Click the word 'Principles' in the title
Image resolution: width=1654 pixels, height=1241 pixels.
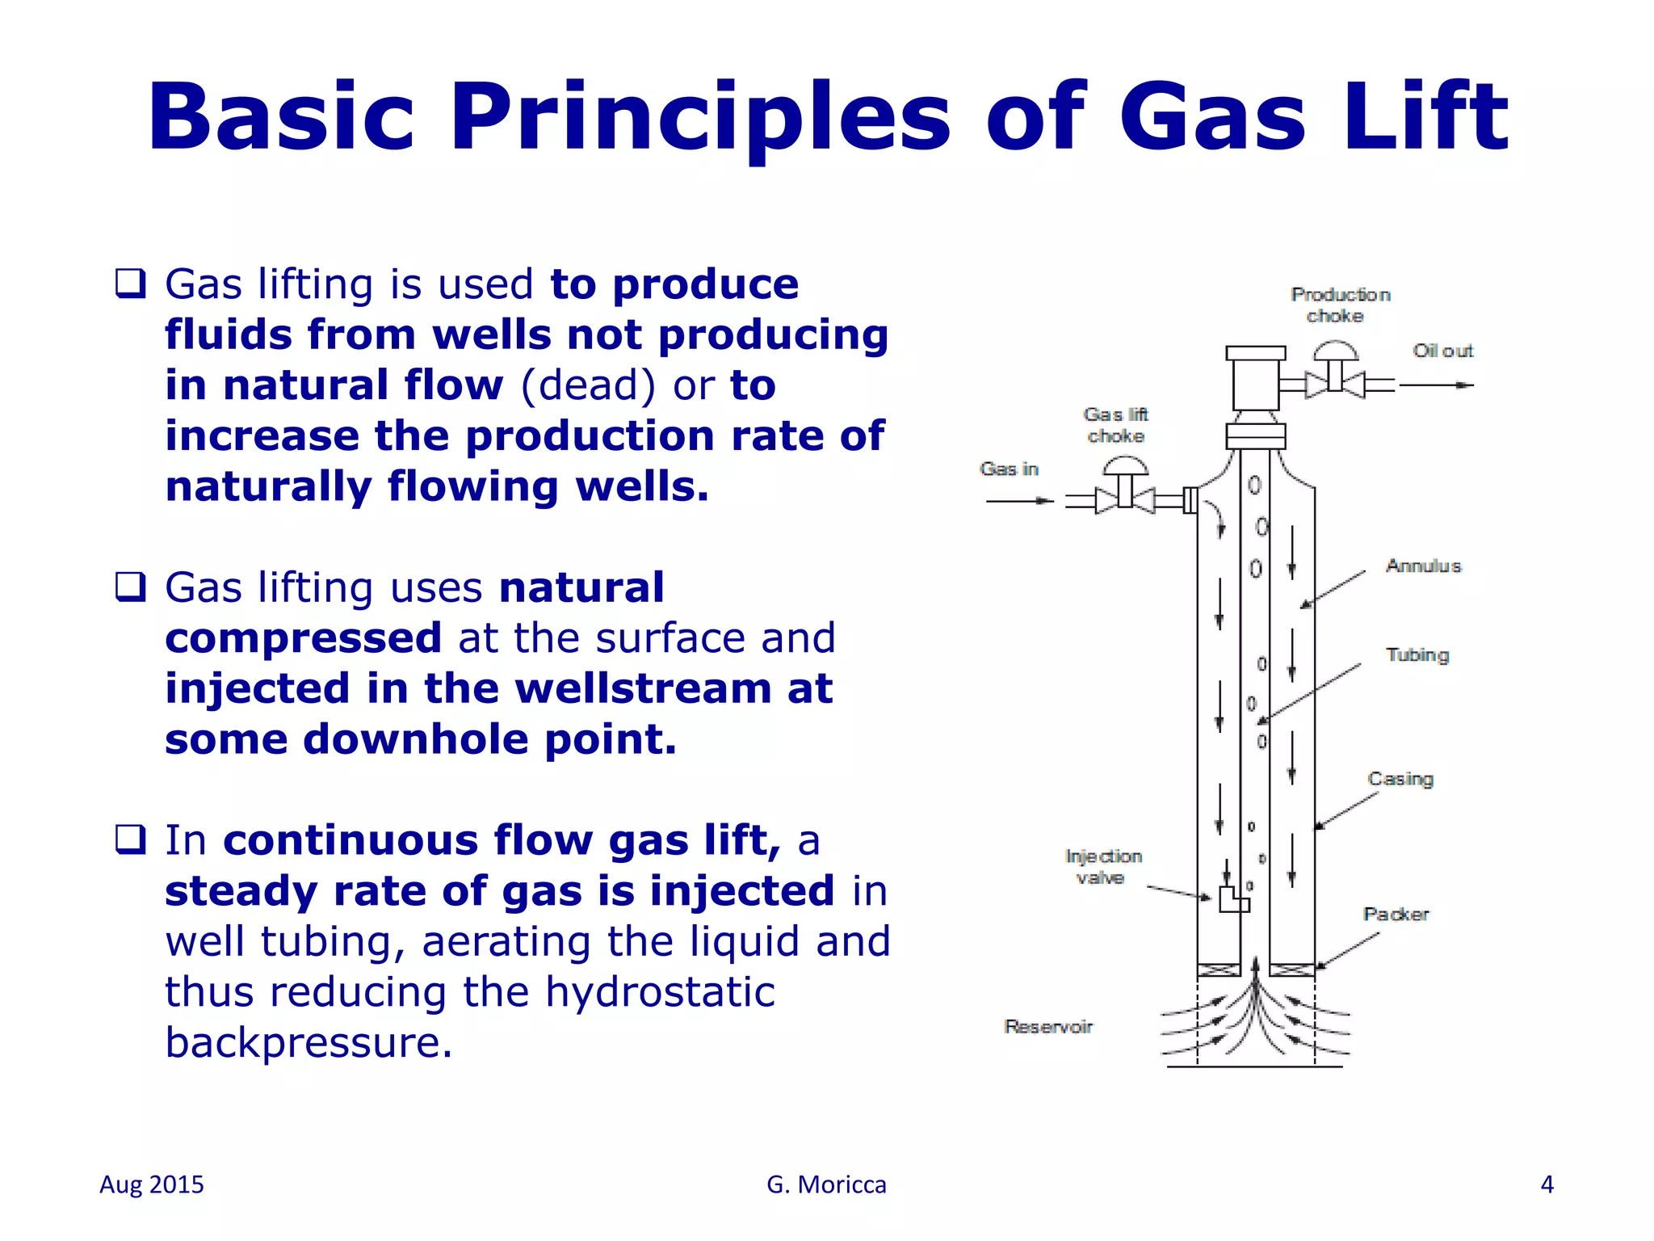[700, 117]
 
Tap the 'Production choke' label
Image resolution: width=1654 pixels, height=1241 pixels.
[1340, 305]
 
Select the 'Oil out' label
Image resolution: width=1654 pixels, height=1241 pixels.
[1442, 351]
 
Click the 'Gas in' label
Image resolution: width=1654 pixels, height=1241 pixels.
[1009, 469]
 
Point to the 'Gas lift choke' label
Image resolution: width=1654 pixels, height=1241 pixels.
[1116, 425]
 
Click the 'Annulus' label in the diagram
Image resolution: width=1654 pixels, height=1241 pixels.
[1423, 566]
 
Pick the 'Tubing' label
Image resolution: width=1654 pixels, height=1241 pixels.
[1417, 654]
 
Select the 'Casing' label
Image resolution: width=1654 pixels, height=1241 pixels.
[1400, 779]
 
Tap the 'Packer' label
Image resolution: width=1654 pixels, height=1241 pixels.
[1396, 914]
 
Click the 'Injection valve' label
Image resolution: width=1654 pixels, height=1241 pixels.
[1103, 867]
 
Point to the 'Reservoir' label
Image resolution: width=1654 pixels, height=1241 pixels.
[1048, 1026]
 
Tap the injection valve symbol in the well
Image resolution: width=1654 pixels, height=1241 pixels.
[1233, 898]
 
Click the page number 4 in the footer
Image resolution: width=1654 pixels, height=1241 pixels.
[1547, 1184]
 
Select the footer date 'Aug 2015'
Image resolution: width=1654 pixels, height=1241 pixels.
[152, 1184]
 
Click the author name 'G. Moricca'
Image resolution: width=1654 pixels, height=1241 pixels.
[826, 1184]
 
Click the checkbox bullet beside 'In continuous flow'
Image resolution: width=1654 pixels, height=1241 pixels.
[131, 839]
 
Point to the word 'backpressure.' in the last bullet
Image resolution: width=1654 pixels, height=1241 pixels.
[309, 1042]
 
